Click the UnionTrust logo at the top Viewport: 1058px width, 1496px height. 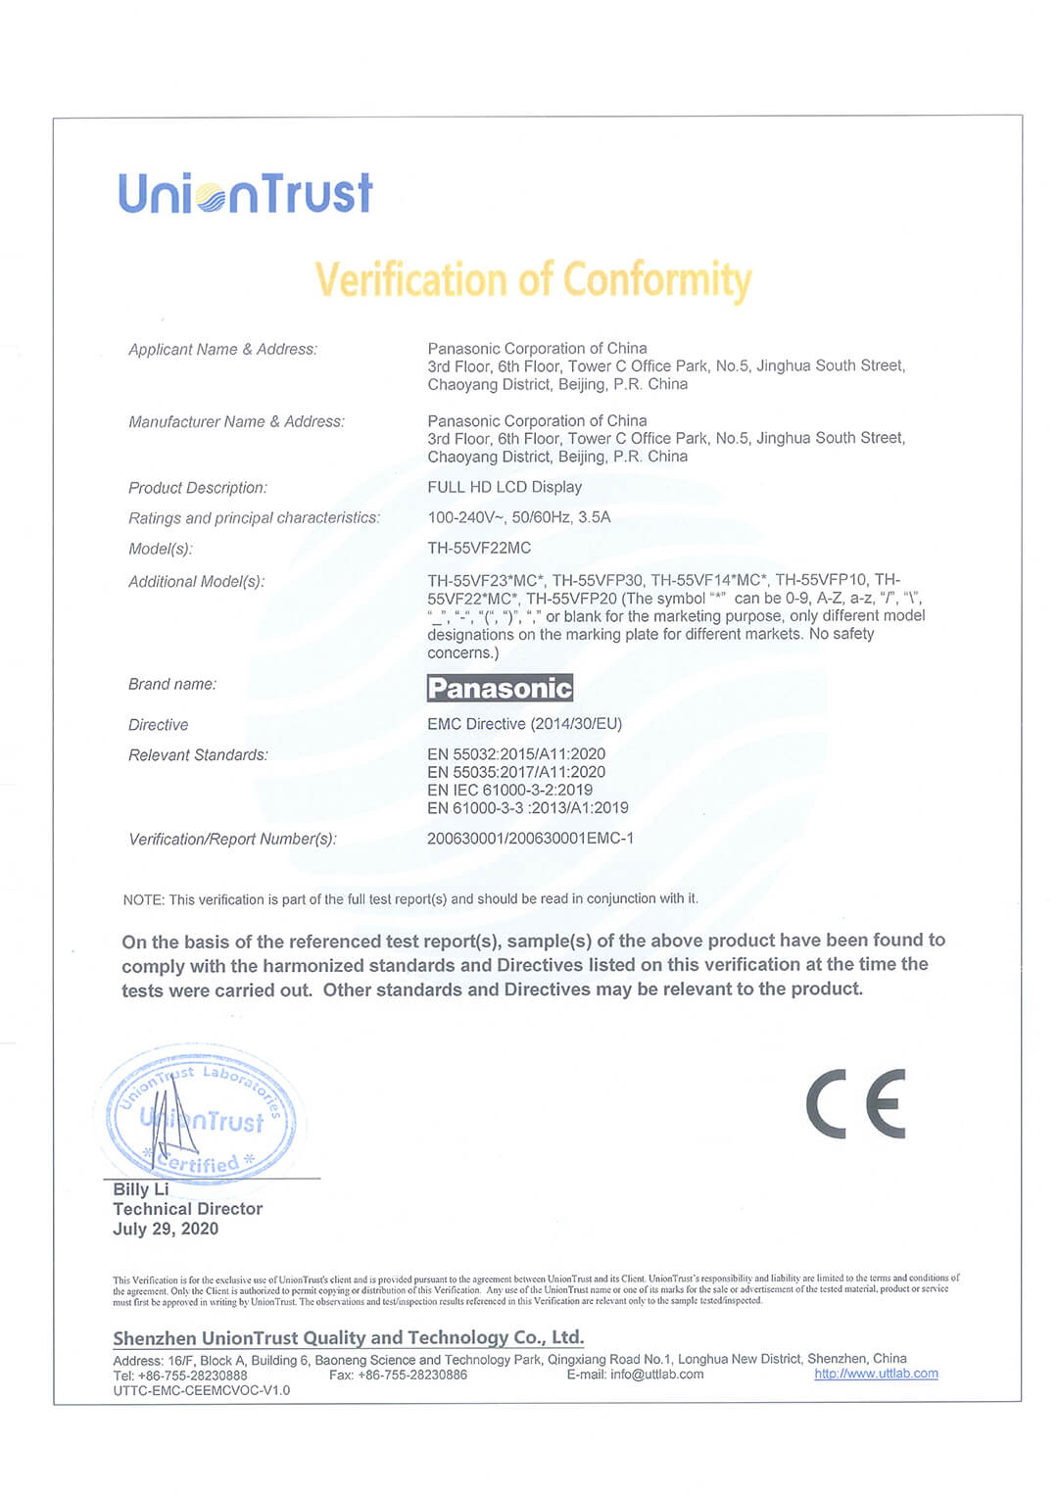tap(245, 193)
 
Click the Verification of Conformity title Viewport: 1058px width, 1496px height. tap(533, 280)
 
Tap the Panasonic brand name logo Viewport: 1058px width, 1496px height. tap(500, 688)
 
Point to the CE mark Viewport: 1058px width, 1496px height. tap(856, 1104)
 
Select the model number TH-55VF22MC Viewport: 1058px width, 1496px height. tap(479, 548)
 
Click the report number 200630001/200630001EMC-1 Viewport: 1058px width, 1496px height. tap(530, 839)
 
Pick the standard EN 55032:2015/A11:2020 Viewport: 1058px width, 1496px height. tap(516, 754)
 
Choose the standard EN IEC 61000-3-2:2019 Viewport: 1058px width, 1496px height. tap(509, 790)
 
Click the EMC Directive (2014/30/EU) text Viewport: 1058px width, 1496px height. tap(524, 724)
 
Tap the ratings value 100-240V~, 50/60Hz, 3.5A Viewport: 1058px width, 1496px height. tap(518, 517)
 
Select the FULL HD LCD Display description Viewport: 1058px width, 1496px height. tap(505, 487)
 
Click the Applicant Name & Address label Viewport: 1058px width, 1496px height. tap(222, 350)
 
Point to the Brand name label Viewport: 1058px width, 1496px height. tap(172, 684)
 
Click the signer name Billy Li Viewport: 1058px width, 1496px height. tap(141, 1189)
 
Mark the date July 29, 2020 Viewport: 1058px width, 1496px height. tap(166, 1230)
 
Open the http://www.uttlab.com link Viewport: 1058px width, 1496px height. tap(876, 1374)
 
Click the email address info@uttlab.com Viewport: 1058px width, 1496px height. tap(656, 1375)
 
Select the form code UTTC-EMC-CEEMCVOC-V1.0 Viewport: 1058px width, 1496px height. tap(202, 1390)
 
